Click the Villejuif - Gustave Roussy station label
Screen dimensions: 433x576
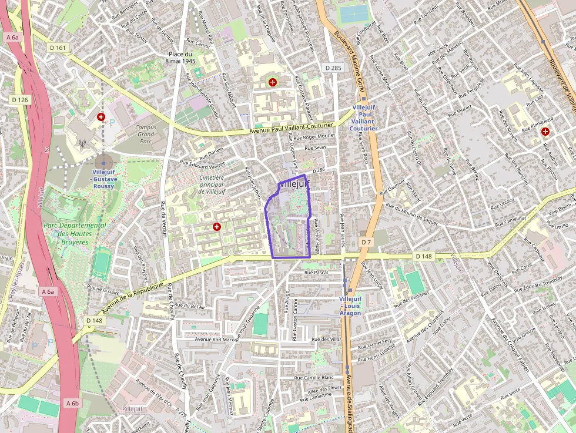tap(104, 179)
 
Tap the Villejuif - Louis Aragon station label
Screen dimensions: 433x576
tap(351, 306)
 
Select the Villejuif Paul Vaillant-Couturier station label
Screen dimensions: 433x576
tap(363, 118)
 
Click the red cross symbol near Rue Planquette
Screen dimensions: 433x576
tap(545, 132)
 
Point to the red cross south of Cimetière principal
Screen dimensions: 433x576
tap(217, 227)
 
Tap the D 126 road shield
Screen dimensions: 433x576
tap(20, 100)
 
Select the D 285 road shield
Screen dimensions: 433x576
tap(333, 68)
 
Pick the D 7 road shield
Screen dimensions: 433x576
tap(366, 242)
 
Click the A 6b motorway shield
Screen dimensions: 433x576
tap(72, 403)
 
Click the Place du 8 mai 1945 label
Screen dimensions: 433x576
tap(180, 57)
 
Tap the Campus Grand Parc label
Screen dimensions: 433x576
tap(146, 134)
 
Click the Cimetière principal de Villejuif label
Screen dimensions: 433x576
tap(203, 184)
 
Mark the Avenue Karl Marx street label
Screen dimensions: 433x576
tap(215, 340)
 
